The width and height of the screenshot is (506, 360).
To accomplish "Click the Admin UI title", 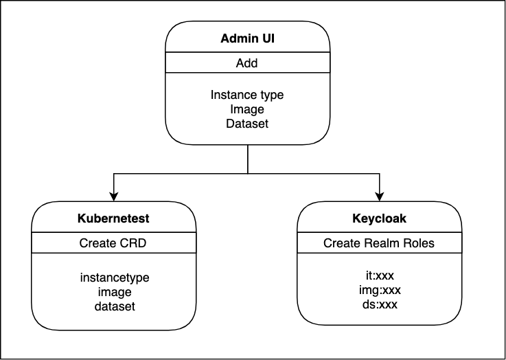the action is click(248, 38).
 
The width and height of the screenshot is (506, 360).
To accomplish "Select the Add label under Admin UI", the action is click(247, 63).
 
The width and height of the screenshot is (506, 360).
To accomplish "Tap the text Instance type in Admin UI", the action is click(247, 95).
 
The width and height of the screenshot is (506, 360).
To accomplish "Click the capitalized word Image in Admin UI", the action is click(247, 110).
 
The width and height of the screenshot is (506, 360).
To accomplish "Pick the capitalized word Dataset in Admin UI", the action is click(247, 124).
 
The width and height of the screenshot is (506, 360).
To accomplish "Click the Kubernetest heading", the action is click(113, 218).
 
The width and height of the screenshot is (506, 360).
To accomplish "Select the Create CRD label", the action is click(113, 243).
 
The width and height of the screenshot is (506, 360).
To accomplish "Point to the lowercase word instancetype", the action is click(115, 278).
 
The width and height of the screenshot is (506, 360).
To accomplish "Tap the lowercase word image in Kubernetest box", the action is click(115, 293).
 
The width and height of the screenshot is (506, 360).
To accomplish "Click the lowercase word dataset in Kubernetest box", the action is click(115, 306).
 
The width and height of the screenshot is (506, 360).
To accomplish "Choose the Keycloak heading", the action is click(379, 218).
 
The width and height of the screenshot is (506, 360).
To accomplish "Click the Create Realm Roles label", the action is click(379, 243).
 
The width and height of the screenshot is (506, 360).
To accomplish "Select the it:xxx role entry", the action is click(380, 275).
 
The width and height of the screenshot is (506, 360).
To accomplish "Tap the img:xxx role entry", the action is click(380, 291).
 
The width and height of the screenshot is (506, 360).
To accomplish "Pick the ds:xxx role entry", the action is click(380, 304).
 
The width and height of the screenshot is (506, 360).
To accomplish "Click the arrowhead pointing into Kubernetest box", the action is click(113, 196).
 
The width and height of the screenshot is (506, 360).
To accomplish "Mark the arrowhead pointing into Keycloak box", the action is click(380, 196).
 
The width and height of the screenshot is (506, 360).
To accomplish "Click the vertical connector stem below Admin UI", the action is click(248, 159).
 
